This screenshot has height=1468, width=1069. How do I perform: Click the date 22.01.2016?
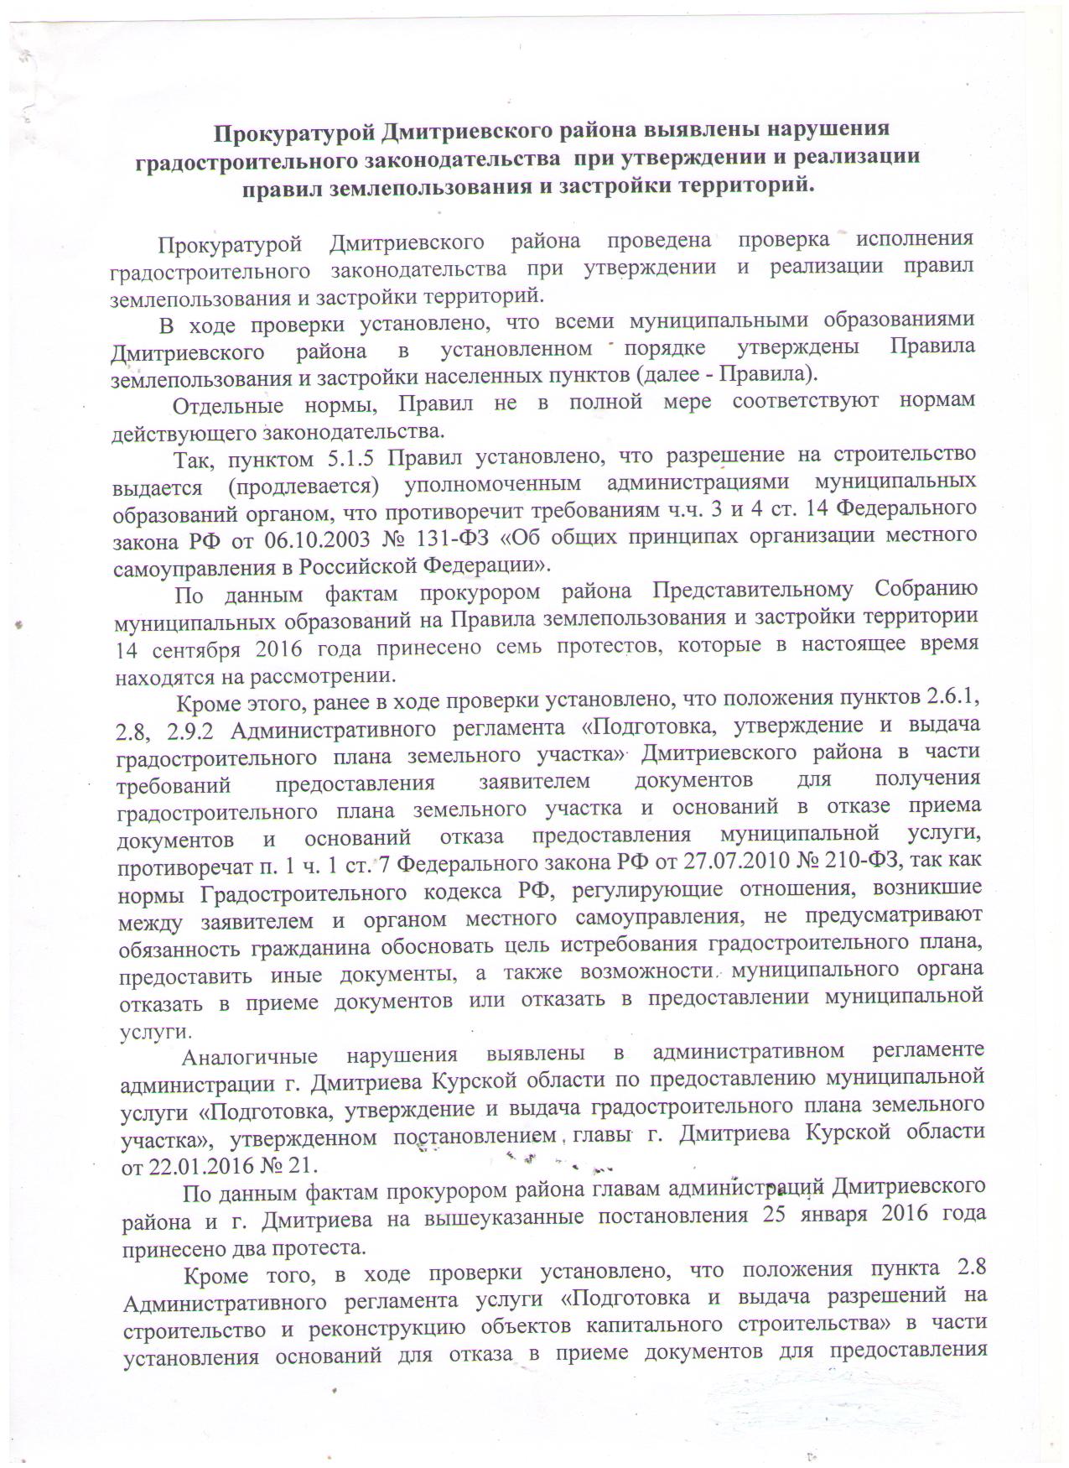(201, 1167)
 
